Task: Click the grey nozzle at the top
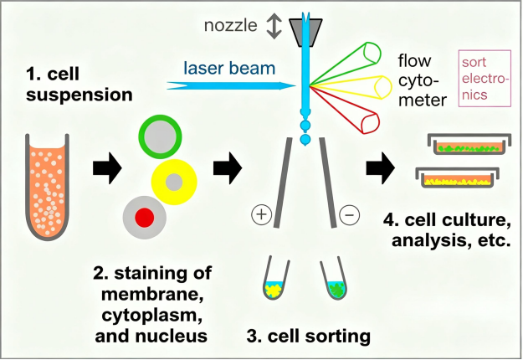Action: pyautogui.click(x=305, y=33)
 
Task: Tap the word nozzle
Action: pyautogui.click(x=230, y=26)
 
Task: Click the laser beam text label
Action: pyautogui.click(x=229, y=68)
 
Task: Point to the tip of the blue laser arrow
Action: pyautogui.click(x=296, y=86)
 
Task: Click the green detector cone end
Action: pyautogui.click(x=372, y=54)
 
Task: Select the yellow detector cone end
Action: pyautogui.click(x=383, y=87)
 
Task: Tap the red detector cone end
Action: pyautogui.click(x=371, y=123)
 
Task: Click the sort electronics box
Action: pyautogui.click(x=485, y=79)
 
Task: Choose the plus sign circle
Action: pyautogui.click(x=261, y=213)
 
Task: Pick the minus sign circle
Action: pyautogui.click(x=349, y=213)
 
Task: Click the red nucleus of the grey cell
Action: pyautogui.click(x=145, y=218)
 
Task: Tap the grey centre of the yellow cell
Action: pyautogui.click(x=174, y=183)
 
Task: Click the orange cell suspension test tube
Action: pyautogui.click(x=47, y=187)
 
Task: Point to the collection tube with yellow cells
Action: pyautogui.click(x=274, y=278)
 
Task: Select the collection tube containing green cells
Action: pyautogui.click(x=335, y=278)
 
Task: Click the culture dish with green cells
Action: pyautogui.click(x=469, y=145)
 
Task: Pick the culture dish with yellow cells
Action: pyautogui.click(x=458, y=177)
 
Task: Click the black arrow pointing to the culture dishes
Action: pyautogui.click(x=381, y=168)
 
